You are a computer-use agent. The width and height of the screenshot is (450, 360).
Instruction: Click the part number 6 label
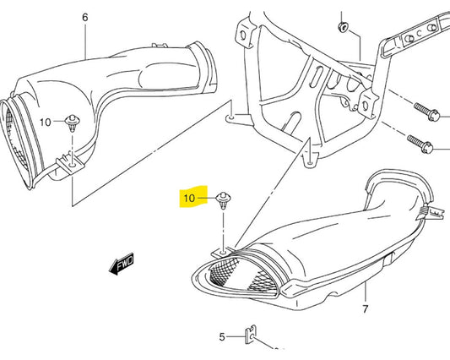pos(85,17)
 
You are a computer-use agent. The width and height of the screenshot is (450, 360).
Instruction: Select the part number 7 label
pos(366,310)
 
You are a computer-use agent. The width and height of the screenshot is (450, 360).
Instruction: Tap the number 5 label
pos(222,336)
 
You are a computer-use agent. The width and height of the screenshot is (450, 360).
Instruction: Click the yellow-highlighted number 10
pos(189,199)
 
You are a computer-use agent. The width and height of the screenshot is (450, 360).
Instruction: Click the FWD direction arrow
pos(122,266)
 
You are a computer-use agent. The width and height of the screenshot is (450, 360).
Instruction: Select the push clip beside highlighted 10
pos(223,201)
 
